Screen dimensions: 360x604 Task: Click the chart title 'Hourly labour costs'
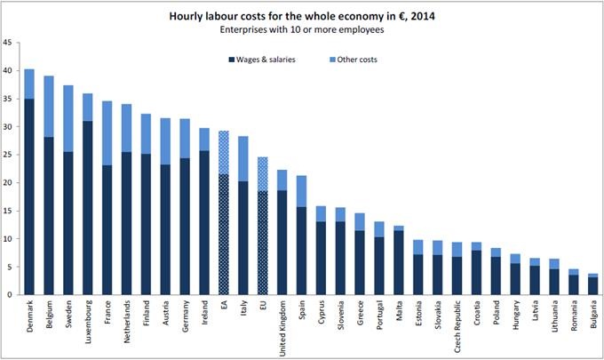pyautogui.click(x=301, y=15)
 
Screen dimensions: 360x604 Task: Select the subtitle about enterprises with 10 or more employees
pyautogui.click(x=301, y=29)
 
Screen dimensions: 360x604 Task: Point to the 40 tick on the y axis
pyautogui.click(x=8, y=71)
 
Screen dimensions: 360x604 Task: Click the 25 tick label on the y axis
pyautogui.click(x=8, y=155)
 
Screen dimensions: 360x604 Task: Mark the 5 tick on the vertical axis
pyautogui.click(x=10, y=267)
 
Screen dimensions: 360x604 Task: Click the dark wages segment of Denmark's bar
pyautogui.click(x=29, y=196)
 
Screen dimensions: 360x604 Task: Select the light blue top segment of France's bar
pyautogui.click(x=107, y=132)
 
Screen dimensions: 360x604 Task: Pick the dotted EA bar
pyautogui.click(x=223, y=231)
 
